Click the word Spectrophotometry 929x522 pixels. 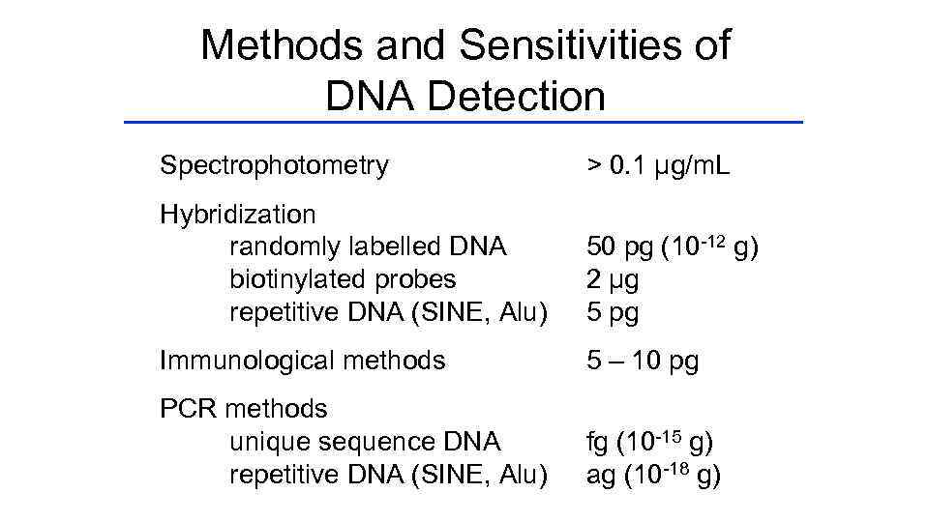pos(274,166)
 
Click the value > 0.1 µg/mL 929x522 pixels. pos(658,166)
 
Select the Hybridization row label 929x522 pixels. pos(237,214)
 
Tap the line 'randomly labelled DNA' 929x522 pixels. pos(368,246)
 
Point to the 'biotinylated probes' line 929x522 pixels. pos(343,279)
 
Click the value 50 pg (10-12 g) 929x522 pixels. pos(673,246)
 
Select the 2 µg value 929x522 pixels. pos(613,279)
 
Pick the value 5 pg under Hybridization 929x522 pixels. pos(613,312)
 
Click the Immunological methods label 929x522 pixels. pos(302,361)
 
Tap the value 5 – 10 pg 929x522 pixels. pos(643,361)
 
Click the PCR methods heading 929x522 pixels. pos(243,409)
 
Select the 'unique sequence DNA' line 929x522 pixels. pos(365,442)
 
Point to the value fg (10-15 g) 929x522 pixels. pos(649,442)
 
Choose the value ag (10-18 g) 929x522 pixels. pos(652,475)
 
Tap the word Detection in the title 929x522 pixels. pos(513,96)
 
